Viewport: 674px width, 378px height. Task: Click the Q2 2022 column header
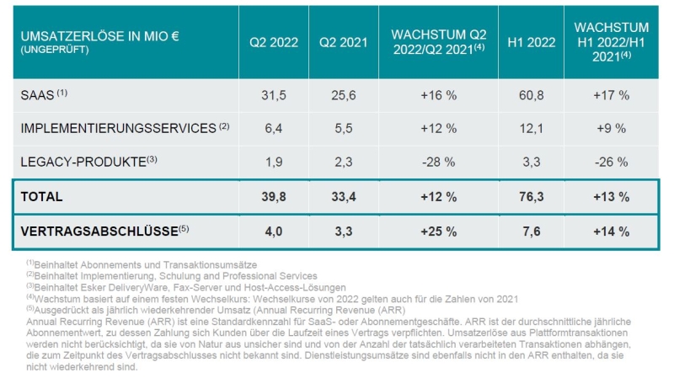click(x=274, y=42)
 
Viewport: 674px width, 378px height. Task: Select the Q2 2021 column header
click(x=344, y=42)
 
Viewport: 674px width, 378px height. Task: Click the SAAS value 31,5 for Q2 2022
click(x=274, y=95)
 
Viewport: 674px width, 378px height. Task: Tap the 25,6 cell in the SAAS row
click(x=344, y=95)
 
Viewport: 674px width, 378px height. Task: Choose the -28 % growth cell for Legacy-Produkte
click(x=438, y=160)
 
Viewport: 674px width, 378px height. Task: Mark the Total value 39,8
click(x=274, y=197)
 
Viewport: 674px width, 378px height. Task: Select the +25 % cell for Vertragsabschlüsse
click(x=438, y=231)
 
